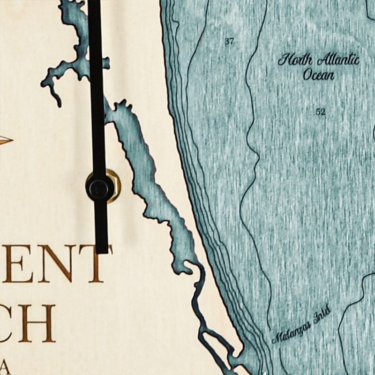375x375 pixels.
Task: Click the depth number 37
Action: pos(229,42)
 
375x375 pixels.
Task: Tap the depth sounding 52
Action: pos(321,112)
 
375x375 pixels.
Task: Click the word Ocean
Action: pos(318,75)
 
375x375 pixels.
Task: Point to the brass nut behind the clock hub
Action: pos(112,186)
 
